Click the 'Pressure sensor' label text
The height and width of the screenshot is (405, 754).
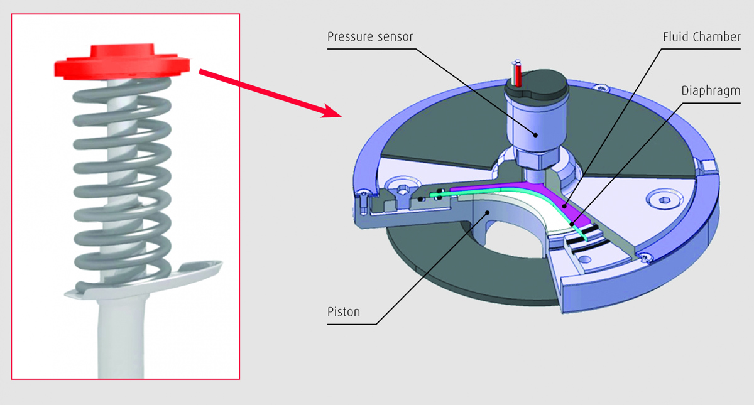click(x=370, y=36)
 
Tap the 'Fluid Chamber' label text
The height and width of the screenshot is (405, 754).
click(x=701, y=36)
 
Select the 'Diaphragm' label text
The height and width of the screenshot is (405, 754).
click(x=711, y=90)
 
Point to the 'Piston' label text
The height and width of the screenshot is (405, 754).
click(x=344, y=311)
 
